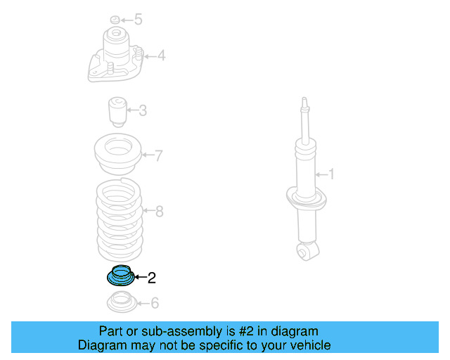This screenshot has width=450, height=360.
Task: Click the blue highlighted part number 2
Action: click(x=117, y=275)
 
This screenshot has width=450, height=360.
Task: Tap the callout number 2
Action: click(x=151, y=278)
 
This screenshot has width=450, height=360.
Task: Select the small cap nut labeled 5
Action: click(x=115, y=19)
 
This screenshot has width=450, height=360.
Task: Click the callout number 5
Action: click(x=138, y=20)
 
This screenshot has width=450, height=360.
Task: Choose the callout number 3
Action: click(x=143, y=110)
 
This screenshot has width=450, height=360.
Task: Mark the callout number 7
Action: click(x=159, y=155)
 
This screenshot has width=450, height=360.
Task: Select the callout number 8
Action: click(x=159, y=211)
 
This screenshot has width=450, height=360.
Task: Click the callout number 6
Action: click(x=155, y=303)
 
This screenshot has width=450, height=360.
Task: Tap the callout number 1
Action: click(x=331, y=174)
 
